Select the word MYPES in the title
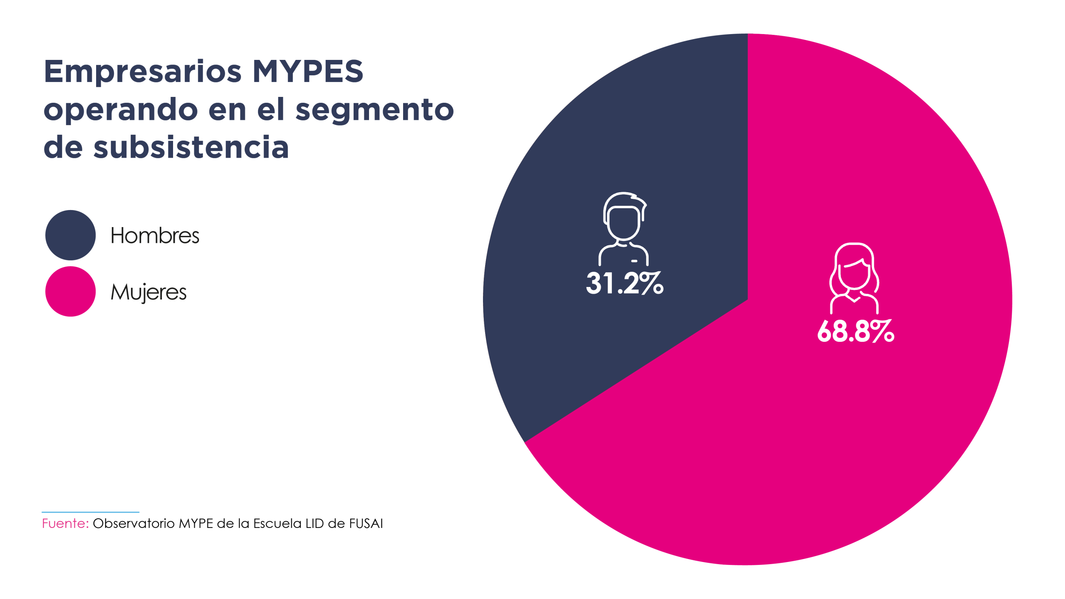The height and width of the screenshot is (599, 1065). click(308, 72)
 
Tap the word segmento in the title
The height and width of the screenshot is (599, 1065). click(374, 110)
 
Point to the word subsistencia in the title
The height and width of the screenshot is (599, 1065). click(191, 147)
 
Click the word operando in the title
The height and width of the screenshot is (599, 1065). click(121, 110)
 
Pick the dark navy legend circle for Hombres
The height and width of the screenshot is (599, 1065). click(70, 235)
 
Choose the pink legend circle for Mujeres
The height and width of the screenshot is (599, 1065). click(70, 291)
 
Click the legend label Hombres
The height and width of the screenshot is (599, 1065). click(155, 235)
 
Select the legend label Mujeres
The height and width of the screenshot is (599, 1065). click(149, 292)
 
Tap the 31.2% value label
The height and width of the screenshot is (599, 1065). click(624, 284)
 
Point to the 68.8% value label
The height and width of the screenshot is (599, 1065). click(855, 332)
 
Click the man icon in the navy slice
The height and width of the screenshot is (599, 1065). click(624, 229)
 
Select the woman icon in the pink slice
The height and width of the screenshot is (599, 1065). click(854, 278)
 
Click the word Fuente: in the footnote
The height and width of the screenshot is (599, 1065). click(65, 523)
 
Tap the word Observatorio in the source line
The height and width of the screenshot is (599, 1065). click(134, 523)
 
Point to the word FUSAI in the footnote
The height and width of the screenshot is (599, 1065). click(366, 523)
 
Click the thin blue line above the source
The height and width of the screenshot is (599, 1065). click(90, 512)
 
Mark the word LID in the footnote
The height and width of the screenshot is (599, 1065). click(315, 523)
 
